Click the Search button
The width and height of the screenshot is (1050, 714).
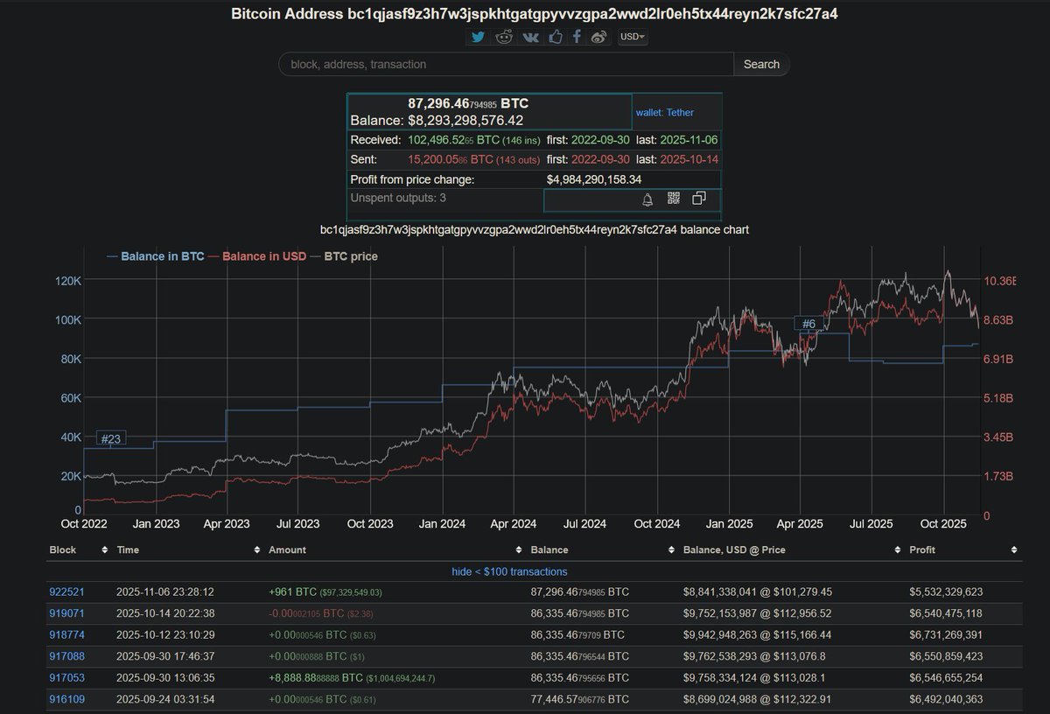tap(761, 64)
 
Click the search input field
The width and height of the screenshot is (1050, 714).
tap(506, 64)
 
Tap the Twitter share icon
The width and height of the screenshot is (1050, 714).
tap(477, 37)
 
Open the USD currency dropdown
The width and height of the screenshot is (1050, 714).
tap(633, 37)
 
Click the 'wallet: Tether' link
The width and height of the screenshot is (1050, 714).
tap(665, 112)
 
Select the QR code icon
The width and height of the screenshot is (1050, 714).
tap(673, 199)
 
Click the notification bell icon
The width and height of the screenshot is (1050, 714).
tap(647, 199)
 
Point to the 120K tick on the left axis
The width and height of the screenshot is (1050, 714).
tap(68, 281)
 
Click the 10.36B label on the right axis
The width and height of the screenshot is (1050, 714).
tap(1000, 281)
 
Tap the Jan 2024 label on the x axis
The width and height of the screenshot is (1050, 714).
tap(442, 524)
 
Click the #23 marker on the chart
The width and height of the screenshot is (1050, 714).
tap(110, 438)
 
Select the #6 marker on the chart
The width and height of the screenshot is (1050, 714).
tap(809, 324)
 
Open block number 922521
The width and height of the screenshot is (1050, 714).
tap(66, 592)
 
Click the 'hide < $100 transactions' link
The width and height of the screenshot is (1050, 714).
tap(524, 571)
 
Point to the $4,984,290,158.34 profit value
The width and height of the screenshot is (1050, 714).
tap(594, 179)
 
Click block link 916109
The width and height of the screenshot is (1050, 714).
tap(66, 700)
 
